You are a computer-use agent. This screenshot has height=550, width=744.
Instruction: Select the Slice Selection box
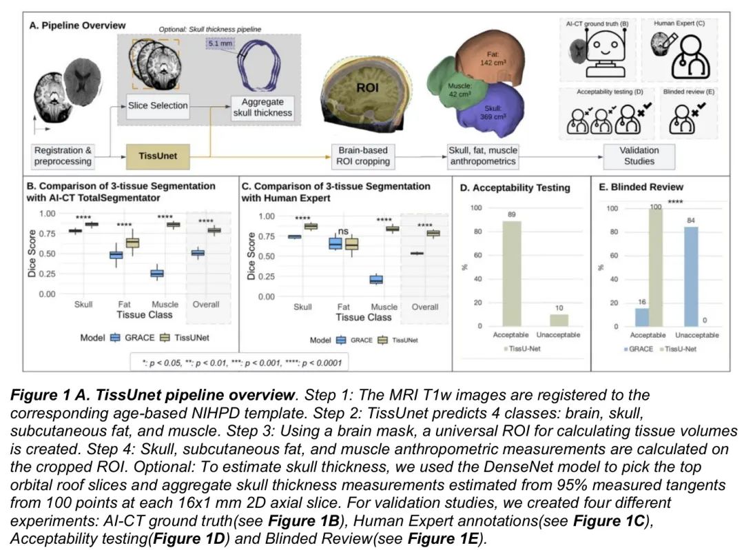[x=158, y=105]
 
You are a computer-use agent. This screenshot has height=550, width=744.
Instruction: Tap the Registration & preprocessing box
[x=63, y=156]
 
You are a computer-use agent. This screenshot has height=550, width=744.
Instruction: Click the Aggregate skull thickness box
[x=262, y=107]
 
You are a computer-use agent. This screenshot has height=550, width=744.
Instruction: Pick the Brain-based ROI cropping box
[x=364, y=156]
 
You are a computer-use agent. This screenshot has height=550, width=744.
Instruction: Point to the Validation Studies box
[x=639, y=156]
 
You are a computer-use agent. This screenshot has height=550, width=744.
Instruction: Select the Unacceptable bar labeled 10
[x=559, y=320]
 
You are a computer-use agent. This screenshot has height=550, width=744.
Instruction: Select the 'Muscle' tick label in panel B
[x=165, y=304]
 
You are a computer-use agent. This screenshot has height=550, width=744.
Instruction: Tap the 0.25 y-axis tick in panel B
[x=47, y=274]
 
